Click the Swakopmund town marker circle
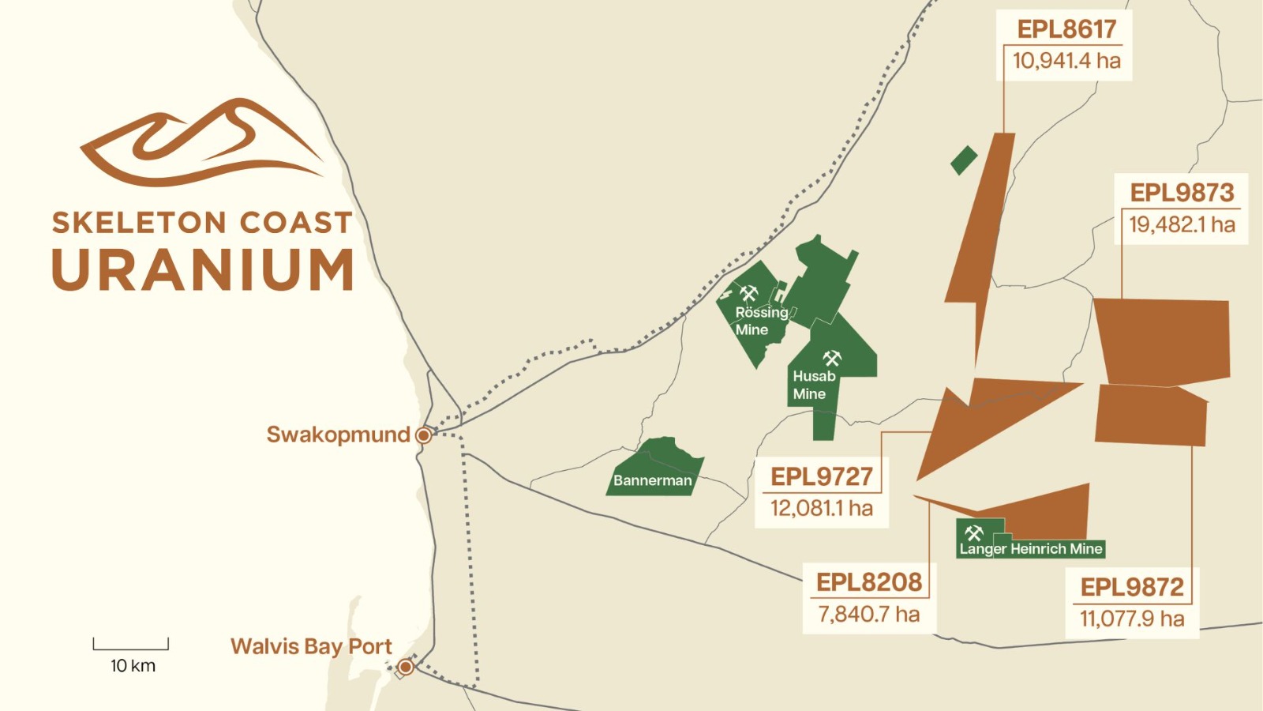pyautogui.click(x=423, y=435)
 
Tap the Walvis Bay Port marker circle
pyautogui.click(x=405, y=668)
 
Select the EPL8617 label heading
pyautogui.click(x=1066, y=29)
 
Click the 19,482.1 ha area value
pyautogui.click(x=1182, y=224)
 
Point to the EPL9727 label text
pyautogui.click(x=822, y=476)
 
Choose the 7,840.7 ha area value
pyautogui.click(x=868, y=614)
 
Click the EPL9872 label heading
pyautogui.click(x=1132, y=587)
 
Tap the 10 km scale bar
pyautogui.click(x=131, y=645)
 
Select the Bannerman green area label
pyautogui.click(x=652, y=480)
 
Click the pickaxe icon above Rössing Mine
pyautogui.click(x=748, y=294)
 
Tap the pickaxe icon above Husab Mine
pyautogui.click(x=832, y=358)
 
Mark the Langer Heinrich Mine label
pyautogui.click(x=1031, y=549)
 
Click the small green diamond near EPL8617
pyautogui.click(x=964, y=160)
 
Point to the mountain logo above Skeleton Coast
pyautogui.click(x=202, y=142)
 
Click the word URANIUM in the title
pyautogui.click(x=203, y=270)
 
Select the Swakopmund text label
pyautogui.click(x=338, y=434)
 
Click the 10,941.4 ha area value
pyautogui.click(x=1066, y=61)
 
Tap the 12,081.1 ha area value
pyautogui.click(x=822, y=508)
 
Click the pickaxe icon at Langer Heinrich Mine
pyautogui.click(x=974, y=533)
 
